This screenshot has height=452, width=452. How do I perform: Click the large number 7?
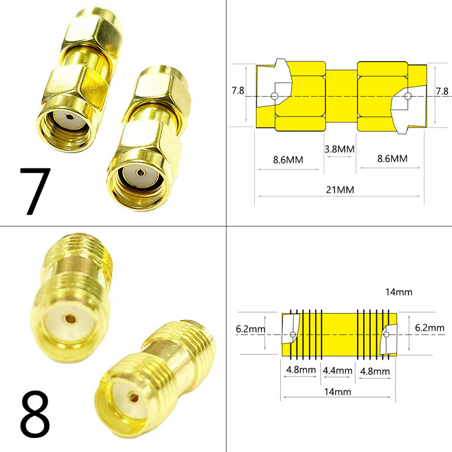click(x=35, y=191)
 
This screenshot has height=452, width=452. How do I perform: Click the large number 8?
click(x=35, y=414)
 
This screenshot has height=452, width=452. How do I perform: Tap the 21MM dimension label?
click(x=340, y=190)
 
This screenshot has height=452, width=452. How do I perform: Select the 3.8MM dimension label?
click(x=340, y=149)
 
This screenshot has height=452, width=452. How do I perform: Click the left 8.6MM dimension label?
click(x=288, y=160)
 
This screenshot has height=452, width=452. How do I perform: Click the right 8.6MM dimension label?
click(x=392, y=159)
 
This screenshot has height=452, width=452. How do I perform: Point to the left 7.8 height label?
click(x=238, y=90)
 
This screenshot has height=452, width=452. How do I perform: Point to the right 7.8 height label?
click(x=442, y=91)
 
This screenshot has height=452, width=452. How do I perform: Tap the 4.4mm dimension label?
click(x=337, y=371)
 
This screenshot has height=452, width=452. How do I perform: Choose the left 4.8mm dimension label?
click(x=301, y=370)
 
